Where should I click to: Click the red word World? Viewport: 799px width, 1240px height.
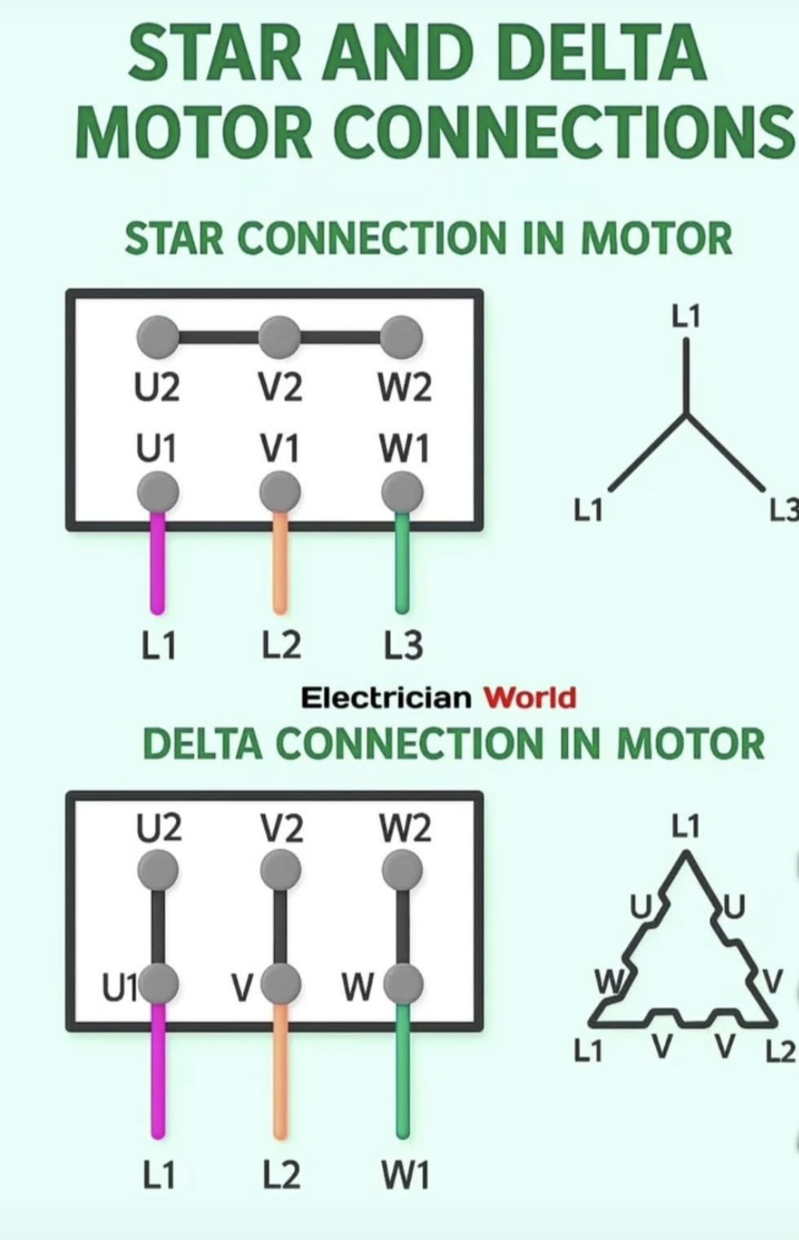[x=530, y=697]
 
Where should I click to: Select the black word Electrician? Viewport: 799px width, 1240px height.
[x=386, y=697]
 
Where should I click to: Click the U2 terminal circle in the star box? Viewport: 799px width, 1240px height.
[x=157, y=336]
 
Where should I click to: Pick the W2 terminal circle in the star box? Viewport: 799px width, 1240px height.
[x=402, y=336]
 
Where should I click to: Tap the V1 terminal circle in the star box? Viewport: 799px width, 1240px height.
[x=280, y=493]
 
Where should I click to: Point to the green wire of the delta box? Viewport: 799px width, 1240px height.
[x=403, y=1076]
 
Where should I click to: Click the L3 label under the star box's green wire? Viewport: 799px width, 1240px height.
[x=403, y=646]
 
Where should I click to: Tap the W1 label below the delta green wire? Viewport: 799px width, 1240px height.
[x=405, y=1175]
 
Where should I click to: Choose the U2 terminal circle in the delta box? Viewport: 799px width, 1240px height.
[x=158, y=871]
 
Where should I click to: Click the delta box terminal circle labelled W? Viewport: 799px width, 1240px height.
[x=403, y=984]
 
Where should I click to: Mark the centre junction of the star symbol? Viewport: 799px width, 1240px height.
[x=686, y=413]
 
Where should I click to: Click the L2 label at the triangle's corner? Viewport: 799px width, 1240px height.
[x=779, y=1052]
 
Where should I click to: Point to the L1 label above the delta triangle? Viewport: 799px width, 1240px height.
[x=685, y=826]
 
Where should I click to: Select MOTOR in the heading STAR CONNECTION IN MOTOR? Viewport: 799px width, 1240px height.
[x=656, y=239]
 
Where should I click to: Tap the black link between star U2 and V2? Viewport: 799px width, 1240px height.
[x=218, y=336]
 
